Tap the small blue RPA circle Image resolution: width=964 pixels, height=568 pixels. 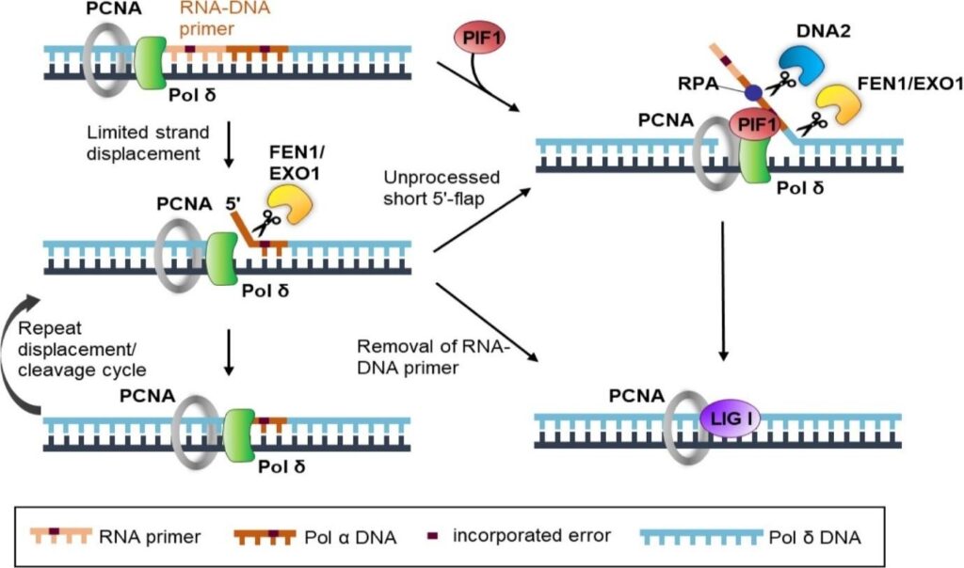tap(752, 93)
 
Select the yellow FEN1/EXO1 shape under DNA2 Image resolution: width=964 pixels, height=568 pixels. tap(842, 105)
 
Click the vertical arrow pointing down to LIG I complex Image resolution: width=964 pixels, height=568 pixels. tap(723, 292)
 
